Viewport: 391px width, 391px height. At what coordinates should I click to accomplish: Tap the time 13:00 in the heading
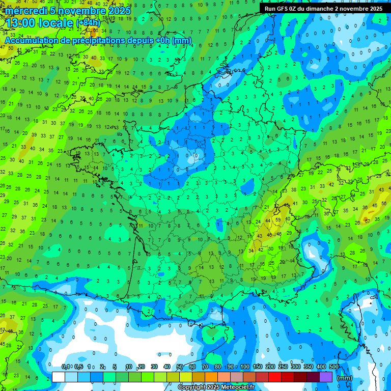tap(22, 22)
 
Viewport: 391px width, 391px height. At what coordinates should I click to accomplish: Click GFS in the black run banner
tap(281, 9)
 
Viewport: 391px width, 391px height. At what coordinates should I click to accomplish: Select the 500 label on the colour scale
tap(334, 367)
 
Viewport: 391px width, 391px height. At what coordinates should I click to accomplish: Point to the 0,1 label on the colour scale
tap(66, 367)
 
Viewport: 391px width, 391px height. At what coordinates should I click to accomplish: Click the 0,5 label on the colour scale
tap(78, 367)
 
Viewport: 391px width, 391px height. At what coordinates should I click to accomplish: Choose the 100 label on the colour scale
tap(245, 367)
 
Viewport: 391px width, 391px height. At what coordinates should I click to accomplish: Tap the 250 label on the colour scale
tap(283, 367)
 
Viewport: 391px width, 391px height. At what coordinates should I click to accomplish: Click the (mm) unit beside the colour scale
tap(345, 378)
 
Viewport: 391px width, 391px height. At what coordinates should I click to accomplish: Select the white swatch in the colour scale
tap(59, 377)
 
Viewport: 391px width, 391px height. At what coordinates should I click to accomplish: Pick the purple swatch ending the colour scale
tap(326, 377)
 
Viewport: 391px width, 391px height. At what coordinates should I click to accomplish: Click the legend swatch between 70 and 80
tap(211, 377)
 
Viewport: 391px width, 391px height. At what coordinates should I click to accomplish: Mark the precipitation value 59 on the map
tap(277, 219)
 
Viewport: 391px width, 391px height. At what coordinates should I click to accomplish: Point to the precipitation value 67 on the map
tap(366, 221)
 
